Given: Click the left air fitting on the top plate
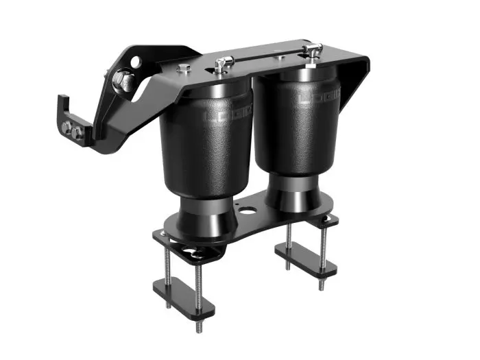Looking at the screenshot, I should coord(220,65).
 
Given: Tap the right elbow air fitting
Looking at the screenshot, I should coord(313,50).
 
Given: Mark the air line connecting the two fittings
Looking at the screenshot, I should coord(267,58).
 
